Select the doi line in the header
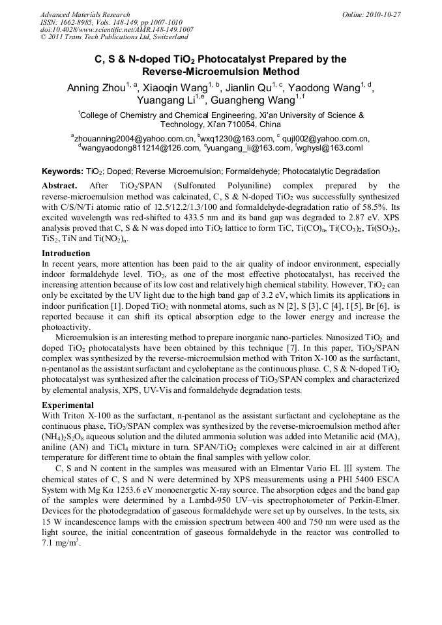pos(117,29)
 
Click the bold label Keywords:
pos(63,171)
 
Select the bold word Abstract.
pos(61,186)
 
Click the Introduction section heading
pos(66,253)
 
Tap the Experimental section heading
pos(68,405)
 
